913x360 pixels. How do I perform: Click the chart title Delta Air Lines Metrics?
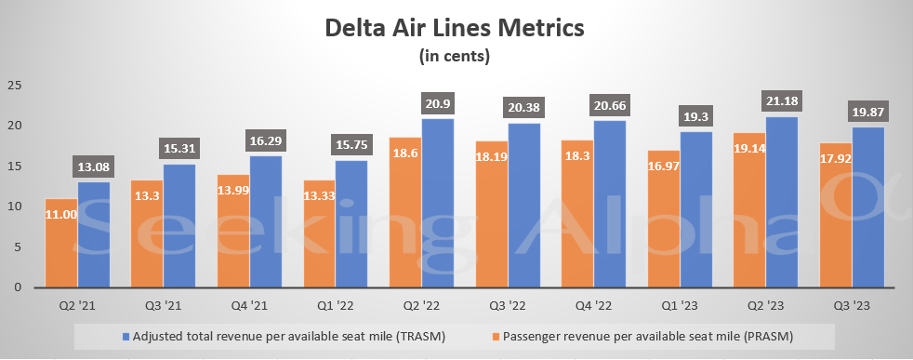coord(455,29)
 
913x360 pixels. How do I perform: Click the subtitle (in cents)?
coord(455,57)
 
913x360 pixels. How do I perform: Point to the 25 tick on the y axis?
coord(14,86)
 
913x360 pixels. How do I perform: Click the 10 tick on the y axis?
coord(14,207)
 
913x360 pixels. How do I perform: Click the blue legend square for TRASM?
coord(126,334)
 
